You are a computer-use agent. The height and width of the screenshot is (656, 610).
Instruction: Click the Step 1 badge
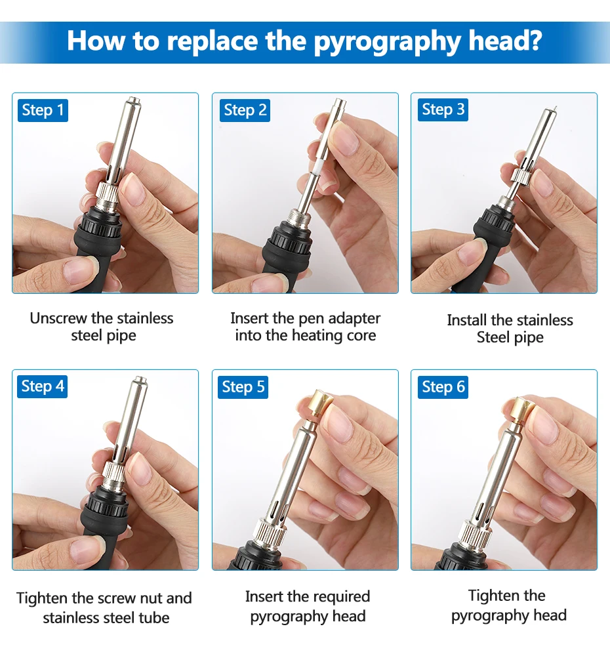tap(43, 110)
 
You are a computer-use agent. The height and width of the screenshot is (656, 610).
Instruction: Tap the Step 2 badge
tap(245, 110)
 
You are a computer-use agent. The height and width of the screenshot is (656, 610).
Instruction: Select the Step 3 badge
tap(443, 110)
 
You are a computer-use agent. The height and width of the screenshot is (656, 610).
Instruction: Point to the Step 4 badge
tap(42, 386)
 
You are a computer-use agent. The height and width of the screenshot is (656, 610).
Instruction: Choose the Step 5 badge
tap(243, 387)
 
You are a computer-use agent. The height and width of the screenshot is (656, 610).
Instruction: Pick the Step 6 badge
tap(443, 387)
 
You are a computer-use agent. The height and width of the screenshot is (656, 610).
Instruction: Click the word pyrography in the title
tap(387, 42)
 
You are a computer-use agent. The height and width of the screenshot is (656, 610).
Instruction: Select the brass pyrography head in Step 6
tap(517, 409)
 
